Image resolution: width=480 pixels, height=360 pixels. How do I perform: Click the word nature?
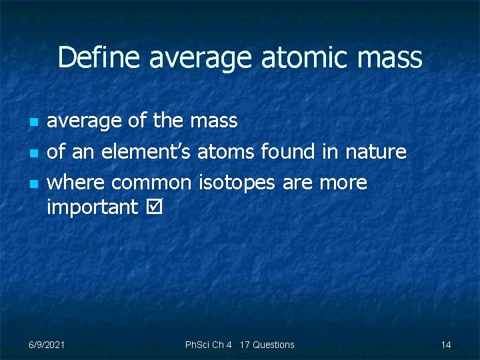(375, 152)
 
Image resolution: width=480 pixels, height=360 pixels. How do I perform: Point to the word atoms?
(226, 153)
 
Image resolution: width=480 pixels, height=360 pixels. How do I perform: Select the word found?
(288, 152)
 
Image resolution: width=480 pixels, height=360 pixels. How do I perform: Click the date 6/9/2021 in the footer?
(47, 345)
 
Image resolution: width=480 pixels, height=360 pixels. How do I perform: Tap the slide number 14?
(446, 345)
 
